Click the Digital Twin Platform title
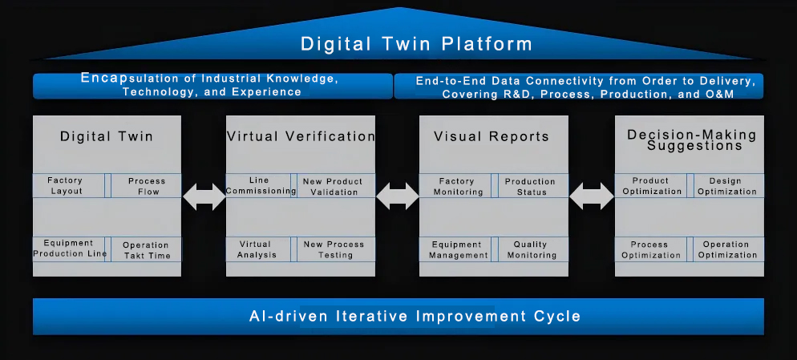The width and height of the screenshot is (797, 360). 416,44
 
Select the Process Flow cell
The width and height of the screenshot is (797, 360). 146,185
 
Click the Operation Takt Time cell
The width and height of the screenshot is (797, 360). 146,249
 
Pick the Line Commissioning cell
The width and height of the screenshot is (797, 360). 259,185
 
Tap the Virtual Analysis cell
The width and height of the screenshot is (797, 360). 259,249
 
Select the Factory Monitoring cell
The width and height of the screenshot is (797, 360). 455,185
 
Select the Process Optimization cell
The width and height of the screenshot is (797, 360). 651,249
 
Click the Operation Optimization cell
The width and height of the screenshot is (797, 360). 728,249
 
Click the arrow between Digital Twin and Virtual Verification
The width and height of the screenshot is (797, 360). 204,196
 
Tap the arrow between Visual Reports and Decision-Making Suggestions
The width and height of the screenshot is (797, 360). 592,196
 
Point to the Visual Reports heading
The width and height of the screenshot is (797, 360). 492,136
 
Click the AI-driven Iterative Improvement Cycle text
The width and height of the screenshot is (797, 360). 415,316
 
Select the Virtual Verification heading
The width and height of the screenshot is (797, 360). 301,136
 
